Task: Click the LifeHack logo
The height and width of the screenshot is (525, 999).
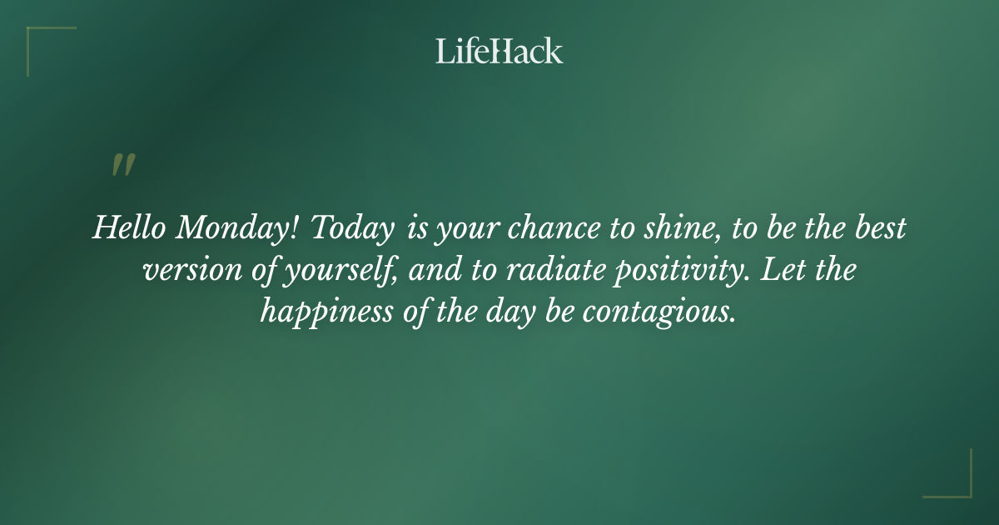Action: click(499, 51)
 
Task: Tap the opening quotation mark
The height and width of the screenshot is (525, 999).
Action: click(122, 165)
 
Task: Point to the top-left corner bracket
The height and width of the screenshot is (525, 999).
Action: click(33, 33)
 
